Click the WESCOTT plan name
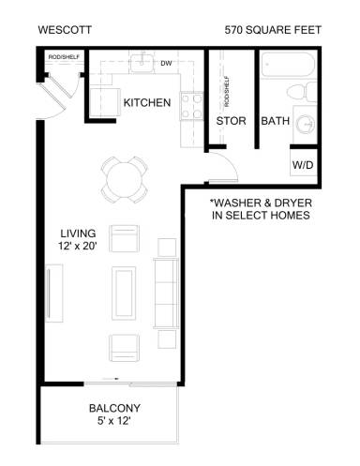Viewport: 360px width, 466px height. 63,30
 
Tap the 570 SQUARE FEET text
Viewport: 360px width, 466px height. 273,30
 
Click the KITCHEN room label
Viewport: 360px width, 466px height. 147,102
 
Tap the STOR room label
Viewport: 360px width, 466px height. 231,121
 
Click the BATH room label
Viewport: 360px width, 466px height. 275,121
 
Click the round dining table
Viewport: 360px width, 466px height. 125,175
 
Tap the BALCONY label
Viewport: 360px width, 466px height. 114,408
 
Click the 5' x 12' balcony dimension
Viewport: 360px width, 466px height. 114,423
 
